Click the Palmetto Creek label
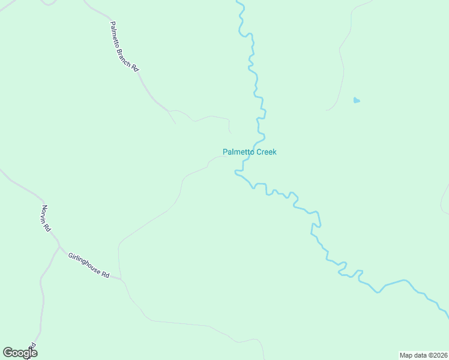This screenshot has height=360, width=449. pyautogui.click(x=249, y=152)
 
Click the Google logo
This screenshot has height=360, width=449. pyautogui.click(x=20, y=353)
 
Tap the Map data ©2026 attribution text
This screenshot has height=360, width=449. pyautogui.click(x=423, y=355)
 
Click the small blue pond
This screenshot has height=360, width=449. pyautogui.click(x=357, y=100)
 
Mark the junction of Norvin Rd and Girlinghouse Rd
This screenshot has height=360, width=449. pyautogui.click(x=59, y=246)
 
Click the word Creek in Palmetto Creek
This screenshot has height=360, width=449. pyautogui.click(x=266, y=152)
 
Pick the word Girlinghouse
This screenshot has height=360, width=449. pyautogui.click(x=83, y=263)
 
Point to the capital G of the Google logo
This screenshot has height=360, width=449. pyautogui.click(x=8, y=353)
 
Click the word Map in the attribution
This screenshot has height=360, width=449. pyautogui.click(x=406, y=355)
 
